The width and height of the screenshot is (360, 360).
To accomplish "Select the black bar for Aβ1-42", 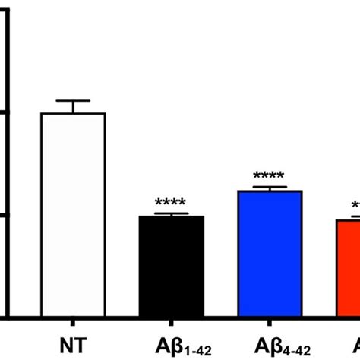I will coord(172,266).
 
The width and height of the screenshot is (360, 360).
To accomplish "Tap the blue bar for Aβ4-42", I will coord(270,254).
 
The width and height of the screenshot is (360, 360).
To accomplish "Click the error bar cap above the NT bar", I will coord(73,101).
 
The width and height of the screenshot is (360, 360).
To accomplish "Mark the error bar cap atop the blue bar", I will coord(270,187).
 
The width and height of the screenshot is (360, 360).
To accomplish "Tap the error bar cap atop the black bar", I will coord(172,213).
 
